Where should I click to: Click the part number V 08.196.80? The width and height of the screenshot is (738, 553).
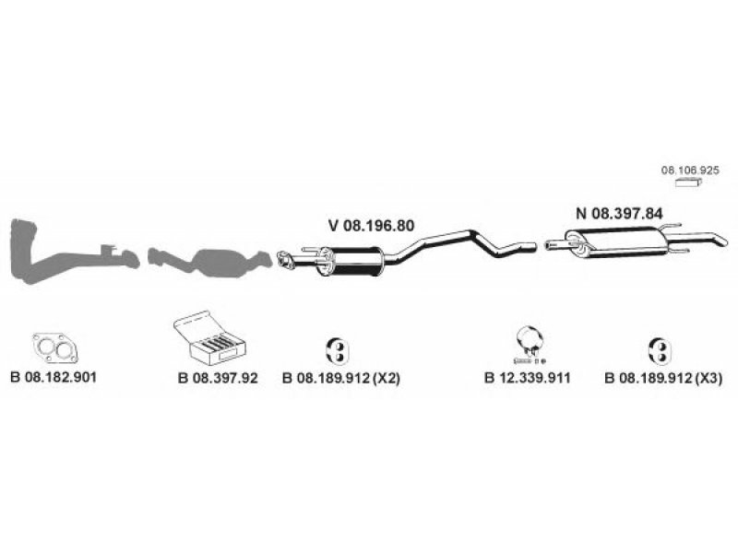(372, 226)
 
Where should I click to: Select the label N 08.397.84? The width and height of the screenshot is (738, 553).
(619, 214)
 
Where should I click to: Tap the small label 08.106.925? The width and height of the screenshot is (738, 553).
(690, 171)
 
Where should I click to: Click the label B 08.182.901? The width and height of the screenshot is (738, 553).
(54, 377)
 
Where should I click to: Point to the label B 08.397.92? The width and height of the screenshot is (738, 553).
(218, 378)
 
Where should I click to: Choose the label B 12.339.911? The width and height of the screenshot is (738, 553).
(527, 378)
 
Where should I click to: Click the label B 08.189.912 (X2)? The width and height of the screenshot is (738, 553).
(341, 378)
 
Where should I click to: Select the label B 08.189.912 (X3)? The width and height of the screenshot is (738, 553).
(663, 378)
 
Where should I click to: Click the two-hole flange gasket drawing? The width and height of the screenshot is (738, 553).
(55, 348)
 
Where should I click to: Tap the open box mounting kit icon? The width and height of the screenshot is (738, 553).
(210, 338)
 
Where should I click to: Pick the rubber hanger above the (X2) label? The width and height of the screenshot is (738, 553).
(338, 351)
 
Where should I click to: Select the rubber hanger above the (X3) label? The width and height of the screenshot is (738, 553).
(660, 351)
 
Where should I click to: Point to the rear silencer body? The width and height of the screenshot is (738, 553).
(615, 242)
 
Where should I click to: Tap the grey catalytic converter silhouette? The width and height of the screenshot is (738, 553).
(210, 262)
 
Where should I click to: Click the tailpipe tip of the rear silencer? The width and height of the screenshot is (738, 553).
(721, 241)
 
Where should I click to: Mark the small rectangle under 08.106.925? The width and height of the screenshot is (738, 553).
(688, 182)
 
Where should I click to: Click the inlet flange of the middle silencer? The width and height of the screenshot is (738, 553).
(285, 261)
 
